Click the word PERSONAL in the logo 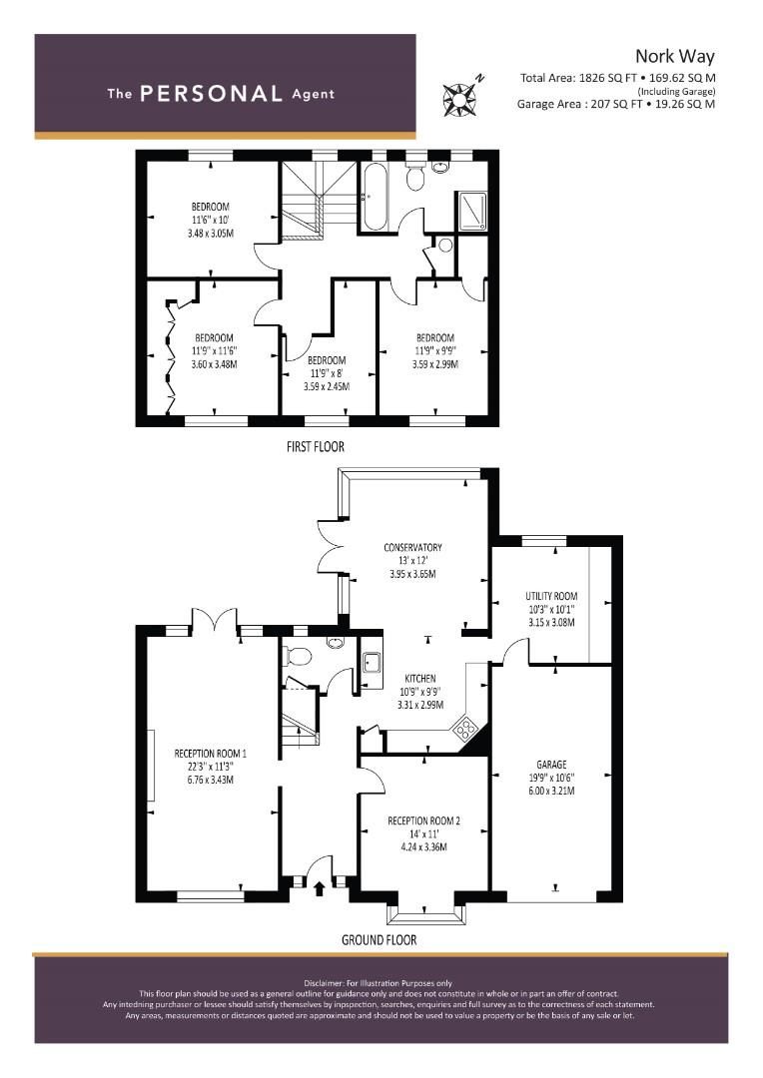212,94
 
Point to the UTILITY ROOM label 551,596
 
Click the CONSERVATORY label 412,547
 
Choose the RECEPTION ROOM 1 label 210,754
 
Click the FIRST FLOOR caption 315,446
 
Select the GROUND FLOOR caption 379,939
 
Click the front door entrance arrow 320,886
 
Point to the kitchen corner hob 466,729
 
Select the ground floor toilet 297,656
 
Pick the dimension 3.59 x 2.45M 327,385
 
